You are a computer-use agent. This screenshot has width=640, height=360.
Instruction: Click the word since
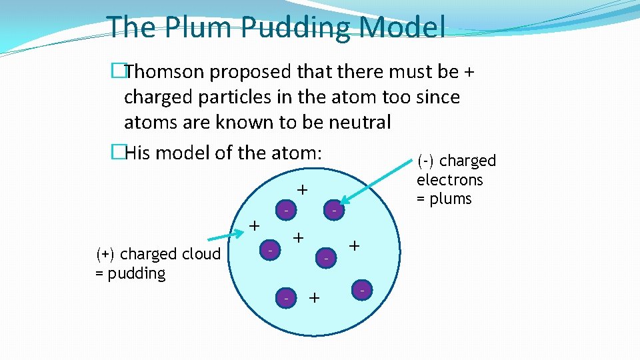click(437, 97)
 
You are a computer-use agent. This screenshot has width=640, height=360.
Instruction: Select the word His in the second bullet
click(138, 153)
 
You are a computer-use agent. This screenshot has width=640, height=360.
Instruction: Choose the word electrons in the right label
click(449, 179)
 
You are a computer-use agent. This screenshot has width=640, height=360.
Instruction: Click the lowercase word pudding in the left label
click(136, 273)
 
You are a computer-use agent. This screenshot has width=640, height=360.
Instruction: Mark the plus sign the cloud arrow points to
click(254, 225)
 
